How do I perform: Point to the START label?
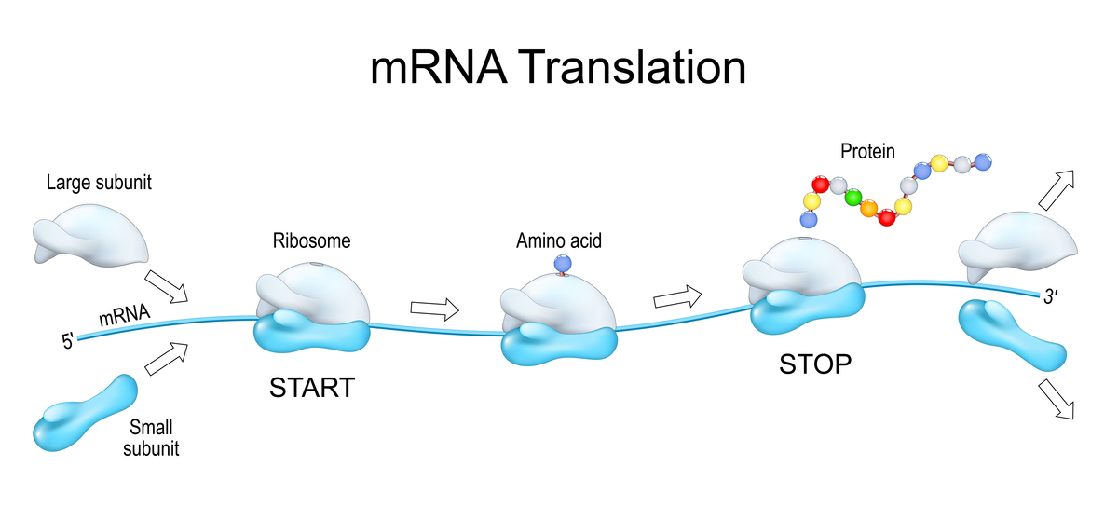(312, 386)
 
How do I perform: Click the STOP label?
(815, 364)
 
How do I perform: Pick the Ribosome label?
(311, 240)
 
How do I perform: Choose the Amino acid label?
(559, 241)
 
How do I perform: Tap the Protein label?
(866, 149)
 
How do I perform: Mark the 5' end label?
(68, 342)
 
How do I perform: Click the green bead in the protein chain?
(852, 198)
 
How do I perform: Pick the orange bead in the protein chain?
(869, 210)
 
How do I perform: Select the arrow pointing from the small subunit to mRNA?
(167, 357)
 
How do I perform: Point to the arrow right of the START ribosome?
(435, 308)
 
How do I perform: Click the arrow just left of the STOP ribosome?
(678, 297)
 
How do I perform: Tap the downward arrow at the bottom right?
(1055, 398)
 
